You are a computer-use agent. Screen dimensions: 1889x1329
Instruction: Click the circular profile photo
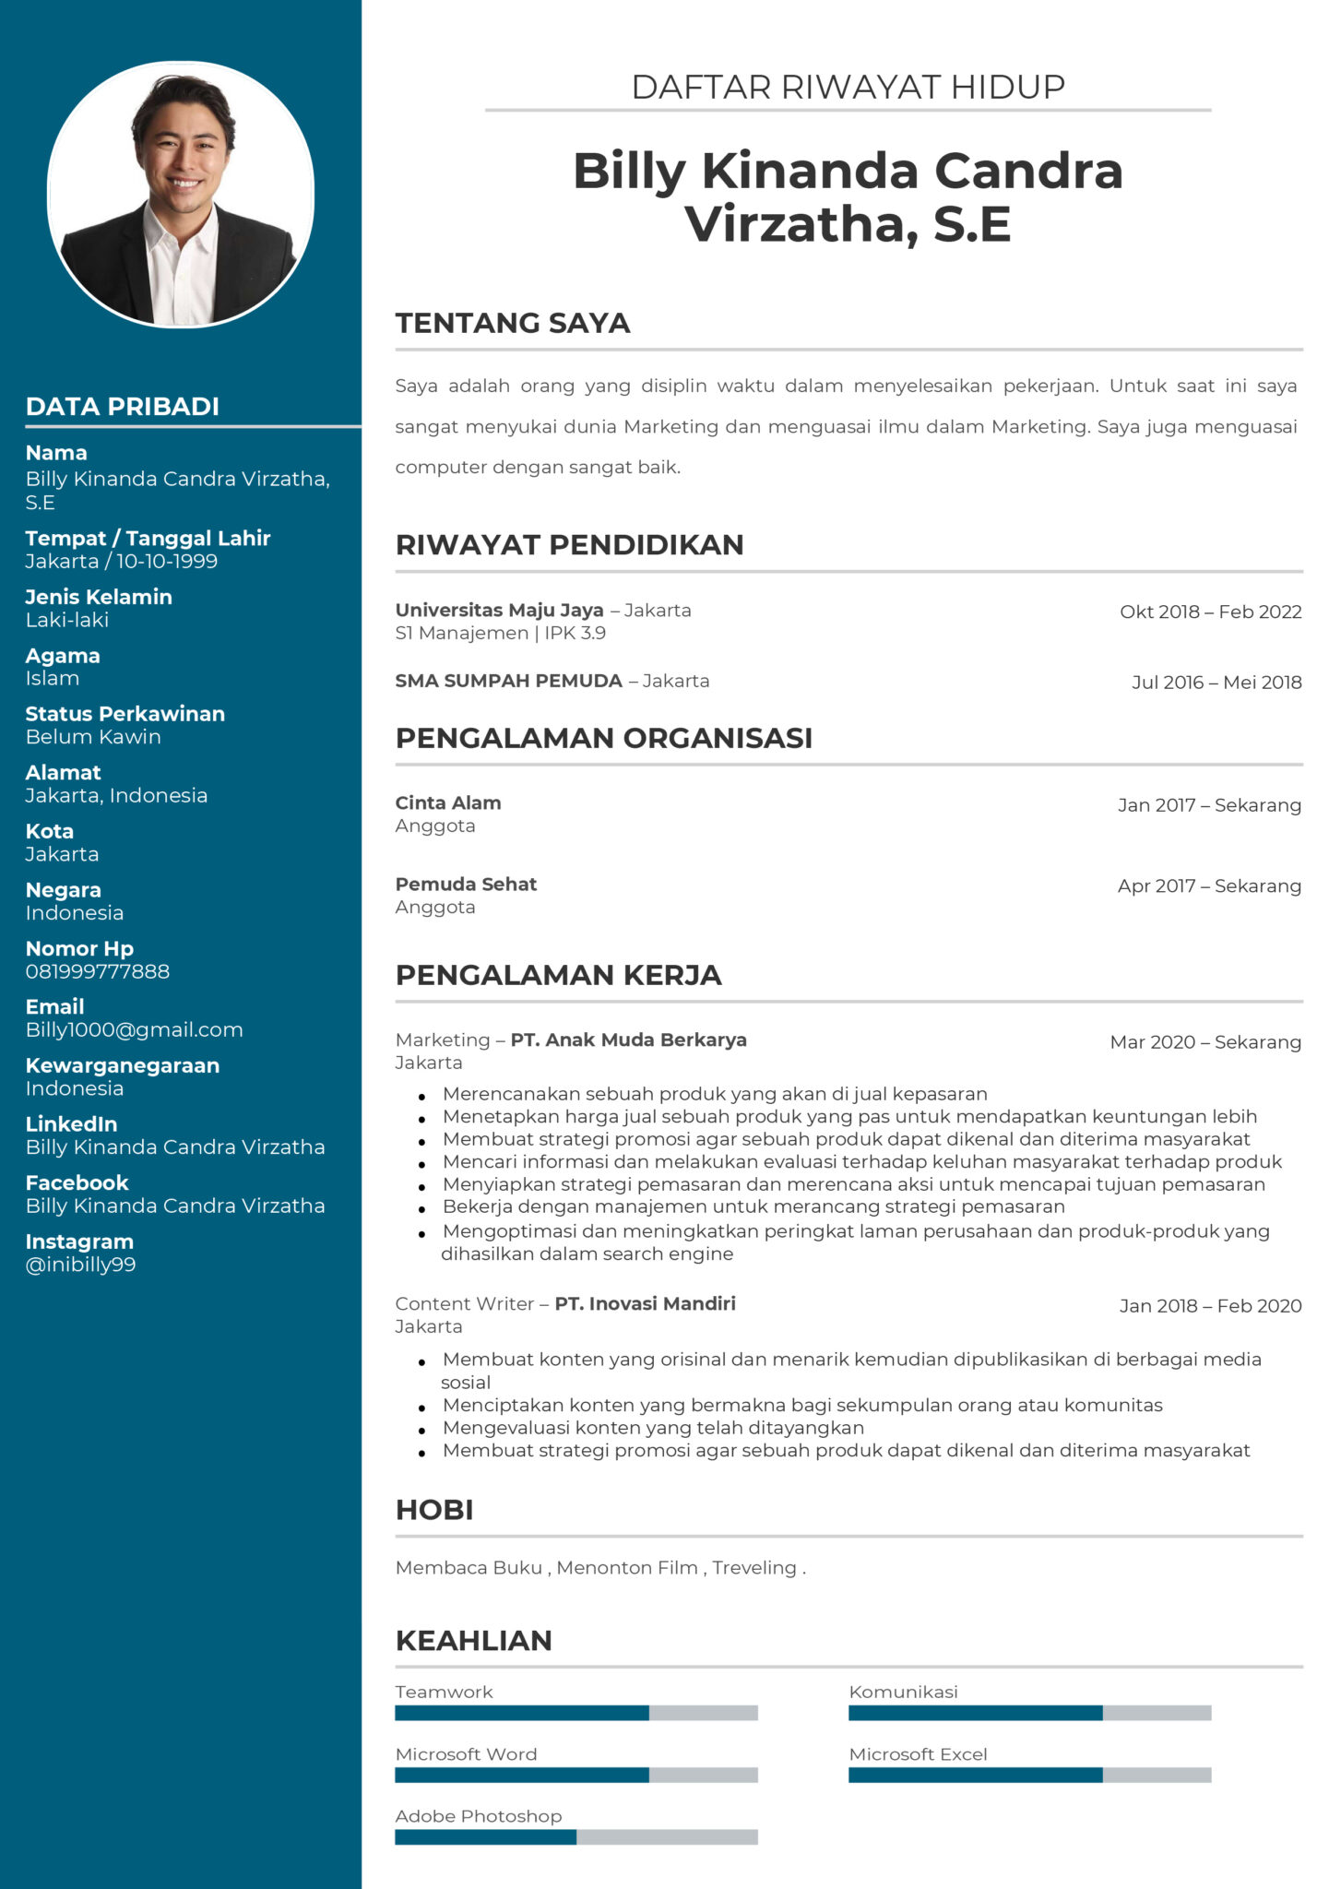click(181, 194)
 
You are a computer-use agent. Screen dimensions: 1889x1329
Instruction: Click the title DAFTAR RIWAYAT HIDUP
click(848, 87)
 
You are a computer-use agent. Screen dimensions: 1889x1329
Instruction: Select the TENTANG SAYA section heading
click(513, 323)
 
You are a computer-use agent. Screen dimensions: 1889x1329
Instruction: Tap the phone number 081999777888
click(98, 971)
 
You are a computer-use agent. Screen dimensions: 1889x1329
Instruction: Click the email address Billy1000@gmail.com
click(135, 1030)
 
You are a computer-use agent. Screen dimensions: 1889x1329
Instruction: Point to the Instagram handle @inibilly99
click(81, 1265)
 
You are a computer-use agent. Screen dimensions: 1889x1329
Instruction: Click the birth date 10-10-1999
click(167, 562)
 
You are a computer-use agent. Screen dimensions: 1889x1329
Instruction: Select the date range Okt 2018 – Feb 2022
click(1210, 612)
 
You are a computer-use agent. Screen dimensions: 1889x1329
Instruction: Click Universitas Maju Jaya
click(499, 610)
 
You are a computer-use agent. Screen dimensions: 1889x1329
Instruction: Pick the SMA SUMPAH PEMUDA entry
click(508, 681)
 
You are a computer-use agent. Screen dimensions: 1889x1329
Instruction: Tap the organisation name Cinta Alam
click(448, 802)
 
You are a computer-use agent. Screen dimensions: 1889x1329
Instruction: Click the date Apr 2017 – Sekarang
click(1209, 885)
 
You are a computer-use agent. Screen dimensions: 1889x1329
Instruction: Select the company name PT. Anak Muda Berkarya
click(628, 1040)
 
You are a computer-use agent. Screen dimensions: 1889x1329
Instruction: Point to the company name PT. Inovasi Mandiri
click(645, 1303)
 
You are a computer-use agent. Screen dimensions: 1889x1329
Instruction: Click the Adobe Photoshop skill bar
click(576, 1836)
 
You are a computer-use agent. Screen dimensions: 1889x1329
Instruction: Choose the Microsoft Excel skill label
click(918, 1754)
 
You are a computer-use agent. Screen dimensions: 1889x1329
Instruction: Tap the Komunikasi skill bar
click(1029, 1713)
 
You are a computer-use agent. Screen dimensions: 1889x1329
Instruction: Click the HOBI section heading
click(434, 1510)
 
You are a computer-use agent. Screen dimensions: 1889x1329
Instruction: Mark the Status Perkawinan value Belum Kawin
click(93, 737)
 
